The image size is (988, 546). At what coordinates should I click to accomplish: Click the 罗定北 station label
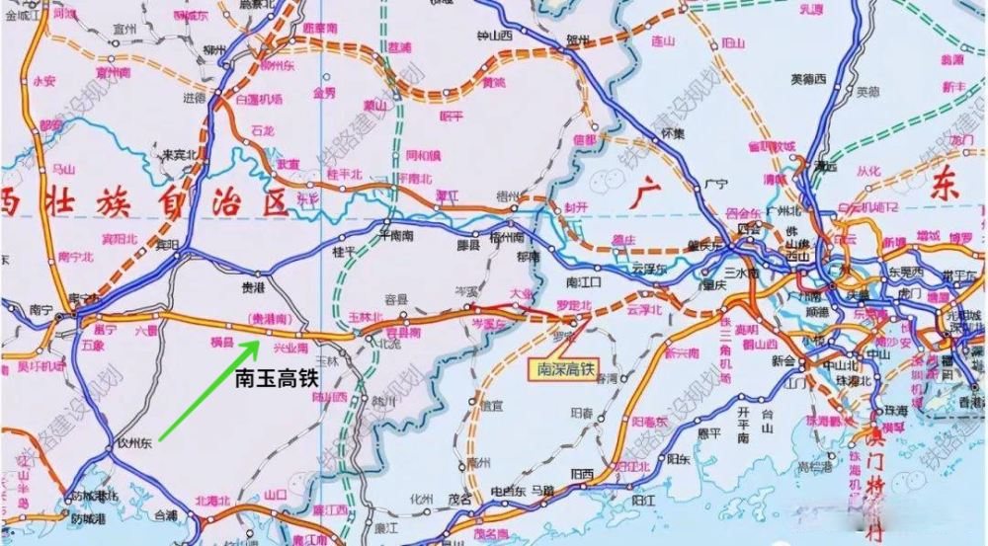click(x=573, y=306)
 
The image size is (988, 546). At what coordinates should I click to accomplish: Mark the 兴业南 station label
click(x=289, y=348)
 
